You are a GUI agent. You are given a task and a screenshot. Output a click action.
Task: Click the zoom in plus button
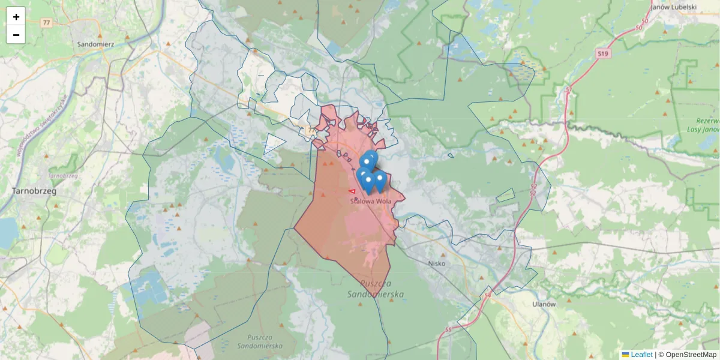pos(16,17)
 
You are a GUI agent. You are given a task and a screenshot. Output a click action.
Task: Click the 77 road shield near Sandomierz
pos(46,23)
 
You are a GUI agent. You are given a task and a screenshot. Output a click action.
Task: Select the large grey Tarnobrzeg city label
pos(34,191)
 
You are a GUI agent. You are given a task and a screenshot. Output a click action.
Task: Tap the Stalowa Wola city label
pos(371,202)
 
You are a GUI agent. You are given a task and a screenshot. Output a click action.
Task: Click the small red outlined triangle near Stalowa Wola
pos(352,191)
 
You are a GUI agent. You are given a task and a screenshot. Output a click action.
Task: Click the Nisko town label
pos(438,263)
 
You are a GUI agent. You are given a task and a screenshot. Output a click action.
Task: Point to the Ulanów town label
pos(544,304)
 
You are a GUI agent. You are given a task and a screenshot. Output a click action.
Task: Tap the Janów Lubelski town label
pos(674,7)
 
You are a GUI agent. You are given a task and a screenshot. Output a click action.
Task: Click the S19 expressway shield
pos(603,54)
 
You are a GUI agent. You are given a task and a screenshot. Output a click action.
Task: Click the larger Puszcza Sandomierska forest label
pos(376,289)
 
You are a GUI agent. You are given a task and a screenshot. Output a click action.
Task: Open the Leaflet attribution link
pos(641,355)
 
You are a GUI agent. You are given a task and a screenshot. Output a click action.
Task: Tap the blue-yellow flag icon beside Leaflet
pos(625,355)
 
